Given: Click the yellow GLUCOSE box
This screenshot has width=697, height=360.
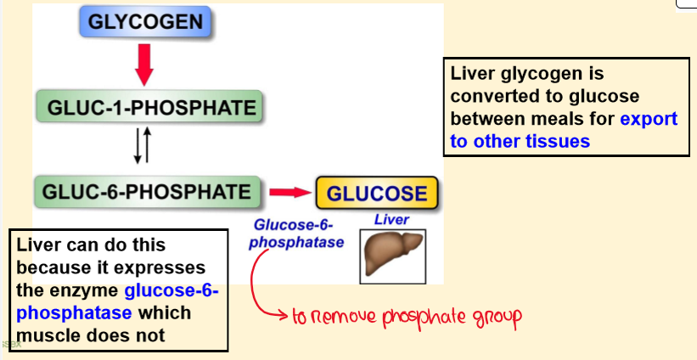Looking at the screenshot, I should tap(377, 193).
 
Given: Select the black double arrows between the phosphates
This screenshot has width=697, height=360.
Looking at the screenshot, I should tap(143, 146).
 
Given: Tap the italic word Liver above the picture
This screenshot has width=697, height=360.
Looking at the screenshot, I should tap(391, 220).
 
